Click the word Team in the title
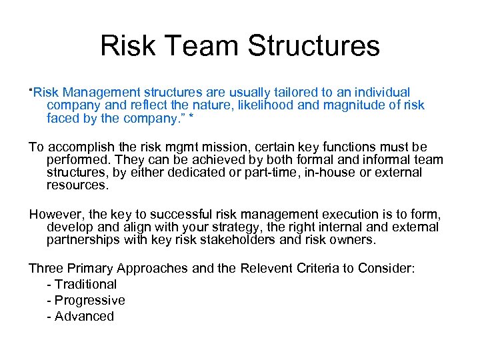click(x=199, y=46)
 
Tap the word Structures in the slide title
click(x=313, y=46)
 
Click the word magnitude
click(x=343, y=105)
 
